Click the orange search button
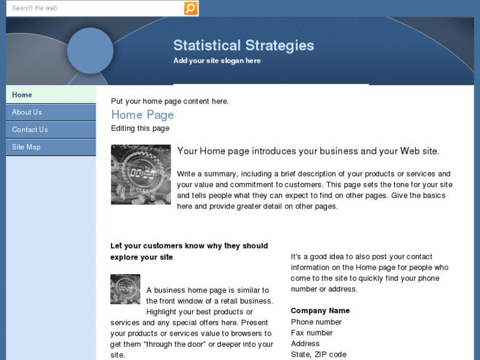[x=190, y=8]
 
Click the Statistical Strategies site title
[x=244, y=46]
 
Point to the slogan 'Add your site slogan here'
[x=217, y=61]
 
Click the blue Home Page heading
[x=142, y=115]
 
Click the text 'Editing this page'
[x=140, y=128]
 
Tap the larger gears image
[x=141, y=174]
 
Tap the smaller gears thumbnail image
[x=125, y=289]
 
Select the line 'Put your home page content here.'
[x=170, y=101]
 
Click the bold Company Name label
[x=320, y=310]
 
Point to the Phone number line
[x=316, y=322]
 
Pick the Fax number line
[x=312, y=333]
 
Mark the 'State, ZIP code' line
[x=318, y=355]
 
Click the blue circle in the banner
[x=90, y=50]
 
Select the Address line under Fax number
[x=305, y=343]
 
